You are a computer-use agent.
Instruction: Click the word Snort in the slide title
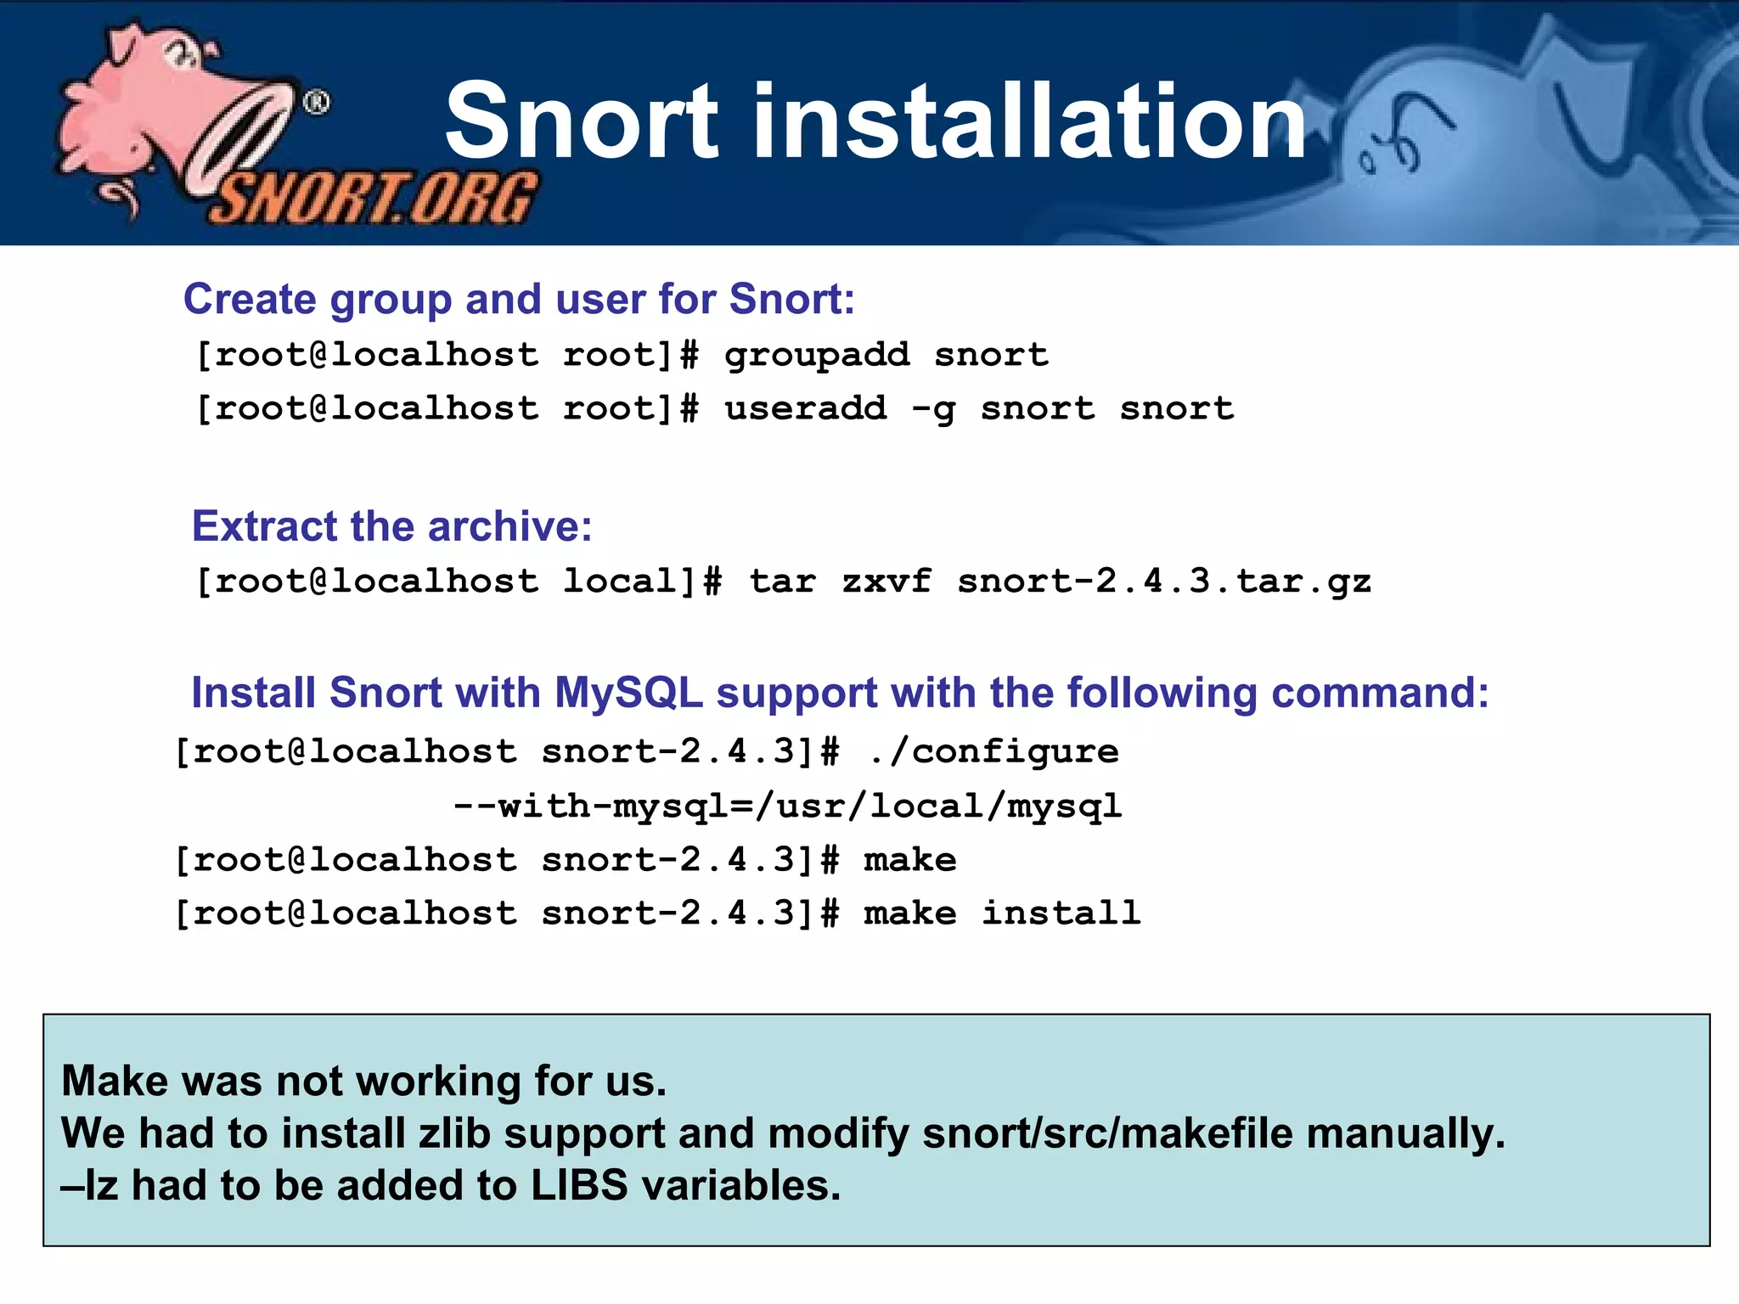[582, 121]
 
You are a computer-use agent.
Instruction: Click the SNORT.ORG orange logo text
[374, 200]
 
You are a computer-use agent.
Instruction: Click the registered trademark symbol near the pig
[317, 104]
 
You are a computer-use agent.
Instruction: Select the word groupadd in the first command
[817, 356]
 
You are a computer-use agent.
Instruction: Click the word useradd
[805, 409]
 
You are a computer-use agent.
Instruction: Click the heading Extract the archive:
[391, 526]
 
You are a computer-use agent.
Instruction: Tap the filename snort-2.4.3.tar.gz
[1164, 582]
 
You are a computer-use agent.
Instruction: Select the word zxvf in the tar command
[886, 582]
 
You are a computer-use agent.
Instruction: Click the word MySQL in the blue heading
[628, 693]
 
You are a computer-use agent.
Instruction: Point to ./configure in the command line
[993, 752]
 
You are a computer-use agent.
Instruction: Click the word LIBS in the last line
[579, 1186]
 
